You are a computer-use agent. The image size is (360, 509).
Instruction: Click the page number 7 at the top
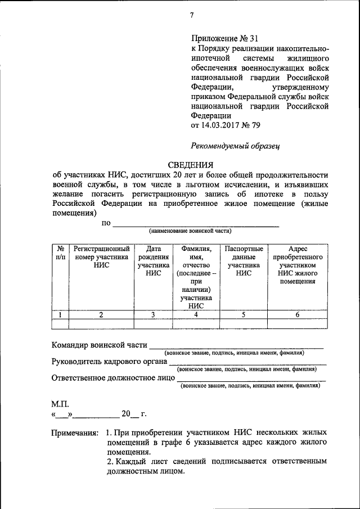[x=191, y=15]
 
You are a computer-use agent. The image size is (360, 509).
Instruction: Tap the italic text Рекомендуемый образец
[x=235, y=146]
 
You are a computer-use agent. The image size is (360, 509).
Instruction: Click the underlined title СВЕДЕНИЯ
[x=191, y=165]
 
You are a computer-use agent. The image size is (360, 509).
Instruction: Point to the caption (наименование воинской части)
[x=190, y=231]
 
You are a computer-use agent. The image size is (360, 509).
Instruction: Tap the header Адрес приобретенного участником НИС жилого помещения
[x=297, y=265]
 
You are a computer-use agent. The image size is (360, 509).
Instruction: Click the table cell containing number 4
[x=196, y=315]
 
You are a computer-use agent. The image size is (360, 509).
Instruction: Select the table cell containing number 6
[x=297, y=315]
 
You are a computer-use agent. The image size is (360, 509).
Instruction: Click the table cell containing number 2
[x=101, y=315]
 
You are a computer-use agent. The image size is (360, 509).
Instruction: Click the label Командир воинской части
[x=99, y=345]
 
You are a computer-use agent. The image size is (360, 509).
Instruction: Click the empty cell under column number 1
[x=60, y=323]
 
